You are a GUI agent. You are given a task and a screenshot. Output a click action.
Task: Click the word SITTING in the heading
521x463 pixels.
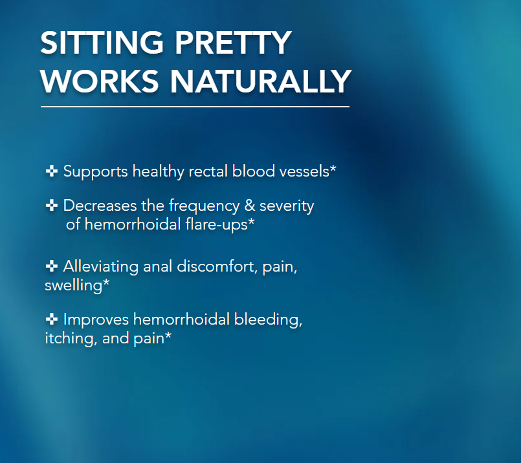tap(102, 43)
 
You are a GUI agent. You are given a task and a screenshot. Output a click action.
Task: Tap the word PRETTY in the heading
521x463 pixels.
tap(233, 43)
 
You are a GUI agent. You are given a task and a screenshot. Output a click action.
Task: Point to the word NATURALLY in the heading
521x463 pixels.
tap(260, 81)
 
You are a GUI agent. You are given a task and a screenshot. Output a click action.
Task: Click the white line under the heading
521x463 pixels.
tap(195, 107)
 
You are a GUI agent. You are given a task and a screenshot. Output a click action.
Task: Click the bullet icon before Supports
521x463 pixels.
tap(52, 171)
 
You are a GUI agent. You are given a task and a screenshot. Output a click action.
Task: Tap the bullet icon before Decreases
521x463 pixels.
tap(52, 205)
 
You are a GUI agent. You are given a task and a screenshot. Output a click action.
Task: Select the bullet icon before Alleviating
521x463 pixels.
tap(52, 266)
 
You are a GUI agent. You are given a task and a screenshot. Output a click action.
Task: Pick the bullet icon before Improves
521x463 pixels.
tap(52, 319)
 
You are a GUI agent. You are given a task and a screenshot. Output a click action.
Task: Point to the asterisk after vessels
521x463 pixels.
tap(333, 169)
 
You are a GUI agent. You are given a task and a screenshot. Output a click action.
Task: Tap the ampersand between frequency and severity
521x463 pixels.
tap(250, 206)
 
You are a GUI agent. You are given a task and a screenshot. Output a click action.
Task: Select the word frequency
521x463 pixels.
tap(204, 206)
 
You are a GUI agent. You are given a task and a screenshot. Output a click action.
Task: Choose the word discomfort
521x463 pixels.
tap(217, 266)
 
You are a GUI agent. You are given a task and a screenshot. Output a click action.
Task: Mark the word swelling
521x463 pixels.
tap(73, 286)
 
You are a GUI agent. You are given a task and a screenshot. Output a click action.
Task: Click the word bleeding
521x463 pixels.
tap(268, 320)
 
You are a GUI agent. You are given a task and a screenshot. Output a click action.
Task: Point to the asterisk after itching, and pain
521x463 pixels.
tap(168, 336)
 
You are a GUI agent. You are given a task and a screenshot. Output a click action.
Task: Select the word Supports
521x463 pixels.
tap(95, 172)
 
